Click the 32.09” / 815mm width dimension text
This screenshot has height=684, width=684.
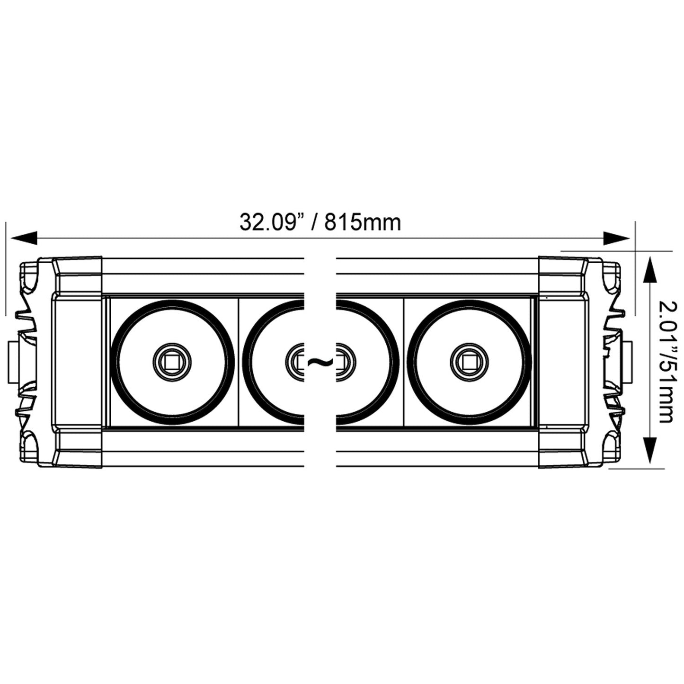point(320,222)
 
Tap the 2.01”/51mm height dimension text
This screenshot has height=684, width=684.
point(666,362)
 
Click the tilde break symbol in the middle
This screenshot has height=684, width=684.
point(320,363)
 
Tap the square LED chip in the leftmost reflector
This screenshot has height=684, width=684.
point(172,362)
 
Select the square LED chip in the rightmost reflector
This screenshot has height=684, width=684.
point(469,362)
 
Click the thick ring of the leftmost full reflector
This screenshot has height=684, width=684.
point(114,362)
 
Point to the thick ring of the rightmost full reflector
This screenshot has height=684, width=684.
point(528,362)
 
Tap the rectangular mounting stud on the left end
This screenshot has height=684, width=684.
point(13,363)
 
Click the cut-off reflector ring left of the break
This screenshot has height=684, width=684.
point(246,362)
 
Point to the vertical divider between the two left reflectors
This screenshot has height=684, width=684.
point(238,362)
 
